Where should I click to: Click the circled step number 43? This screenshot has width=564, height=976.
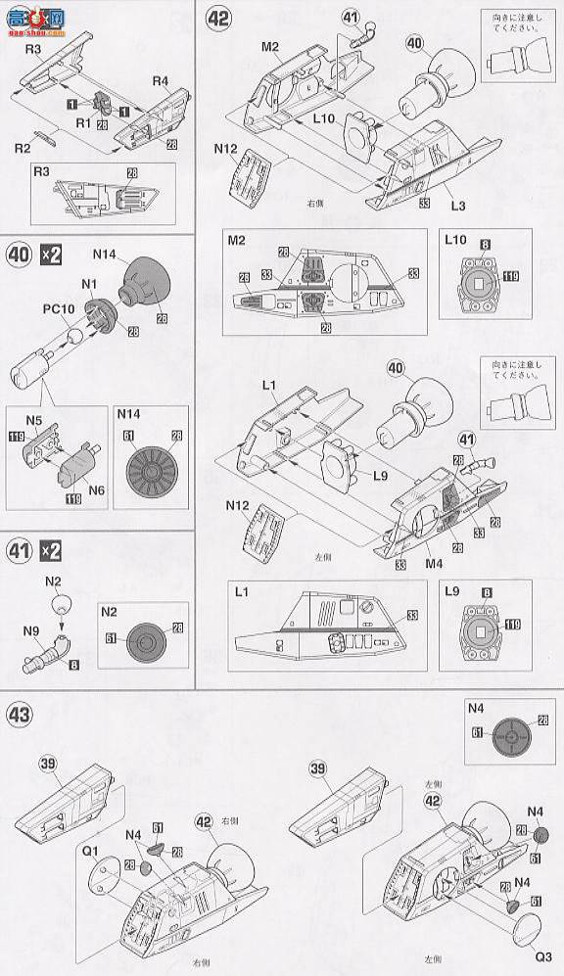pos(22,714)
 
